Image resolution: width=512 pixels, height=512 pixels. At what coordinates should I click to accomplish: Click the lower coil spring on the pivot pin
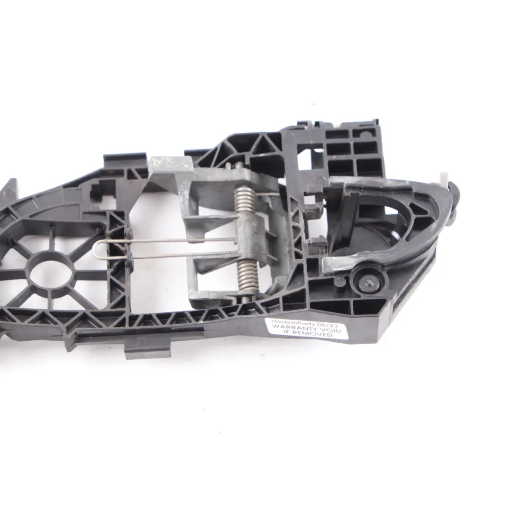pos(247,276)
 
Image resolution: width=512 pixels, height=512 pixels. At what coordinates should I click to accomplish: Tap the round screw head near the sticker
pos(366,283)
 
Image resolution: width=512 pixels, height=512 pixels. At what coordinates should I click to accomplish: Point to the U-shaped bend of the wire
pos(97,250)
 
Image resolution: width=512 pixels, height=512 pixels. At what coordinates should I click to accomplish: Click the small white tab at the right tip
pos(444,179)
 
